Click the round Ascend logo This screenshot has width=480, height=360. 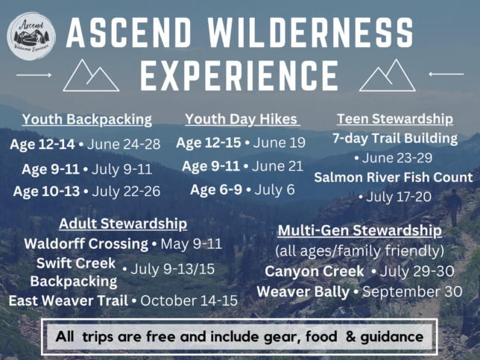pos(31,36)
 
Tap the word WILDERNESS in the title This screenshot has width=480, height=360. pos(311,33)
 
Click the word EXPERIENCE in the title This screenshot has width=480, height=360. pos(239,75)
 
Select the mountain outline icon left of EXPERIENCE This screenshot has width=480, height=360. pos(91,75)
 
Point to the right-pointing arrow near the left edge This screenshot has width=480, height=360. pos(34,75)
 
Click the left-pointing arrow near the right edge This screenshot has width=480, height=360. pos(446,74)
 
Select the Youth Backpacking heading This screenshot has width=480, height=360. pos(87,119)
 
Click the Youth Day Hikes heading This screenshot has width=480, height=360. pos(241,119)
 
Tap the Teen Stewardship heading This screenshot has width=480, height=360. pos(395,119)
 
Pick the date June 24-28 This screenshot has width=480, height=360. pos(124,144)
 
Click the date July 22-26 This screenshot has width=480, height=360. pos(126,192)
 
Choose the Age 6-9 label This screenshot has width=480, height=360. pos(216,190)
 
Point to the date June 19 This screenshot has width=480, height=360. pos(280,142)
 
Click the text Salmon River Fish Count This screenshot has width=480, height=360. pos(394,177)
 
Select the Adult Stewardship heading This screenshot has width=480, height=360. pos(123,224)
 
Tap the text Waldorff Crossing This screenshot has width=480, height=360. pos(86,244)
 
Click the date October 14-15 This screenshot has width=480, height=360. pos(189,300)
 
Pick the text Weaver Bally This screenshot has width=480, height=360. pos(303,291)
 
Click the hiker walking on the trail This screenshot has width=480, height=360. pos(455,207)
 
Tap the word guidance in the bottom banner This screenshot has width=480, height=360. pos(392,337)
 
